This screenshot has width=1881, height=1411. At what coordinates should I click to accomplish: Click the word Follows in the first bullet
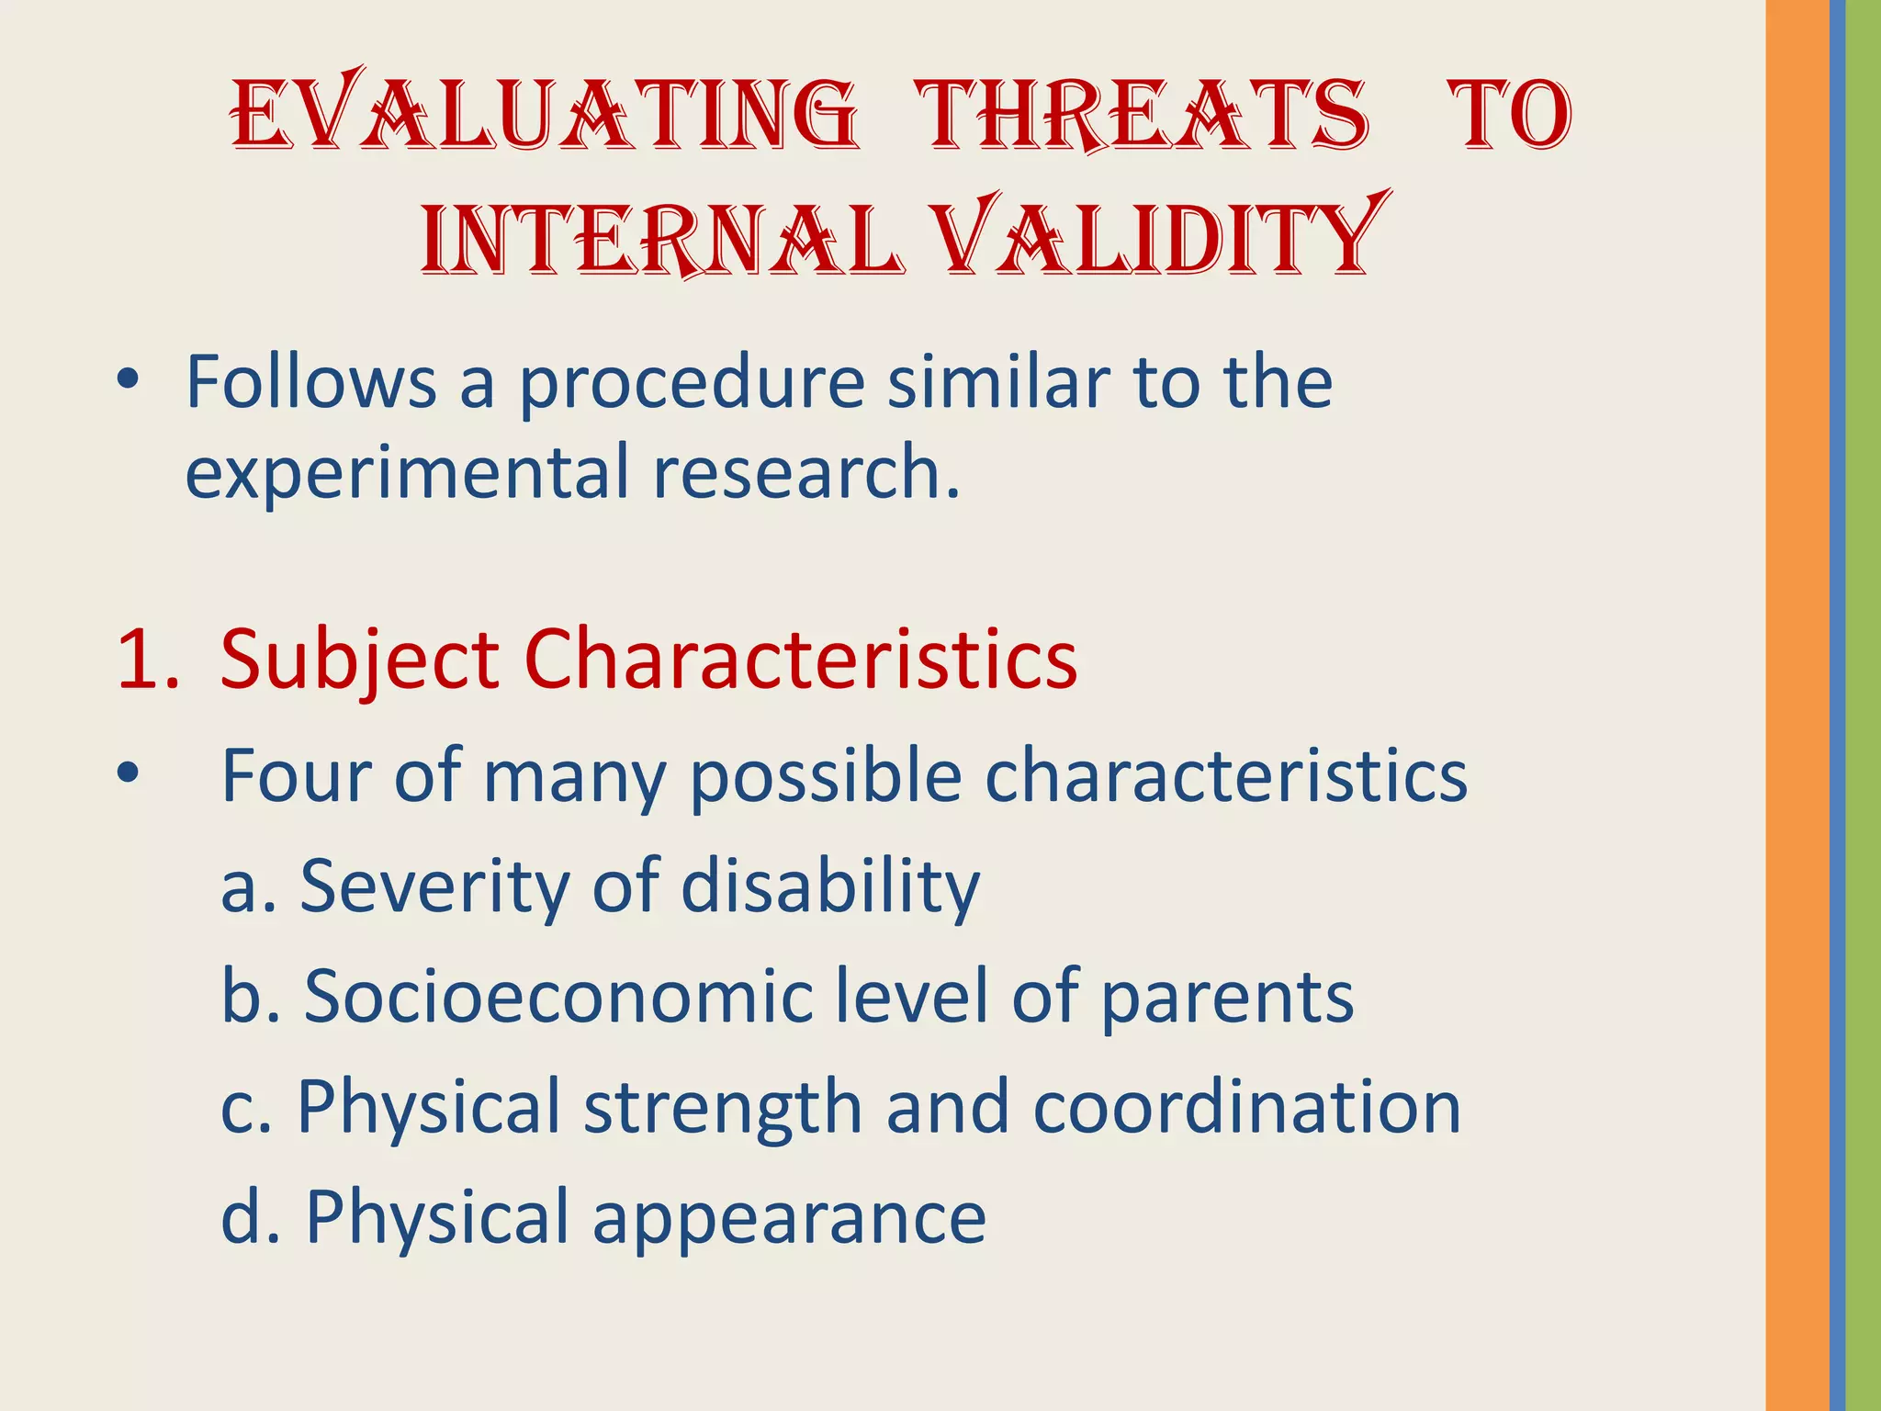point(310,382)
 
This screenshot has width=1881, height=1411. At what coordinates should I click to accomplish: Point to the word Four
point(296,777)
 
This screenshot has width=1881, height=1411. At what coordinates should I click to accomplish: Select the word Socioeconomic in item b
point(558,998)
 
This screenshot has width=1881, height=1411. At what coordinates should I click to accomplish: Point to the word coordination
point(1246,1108)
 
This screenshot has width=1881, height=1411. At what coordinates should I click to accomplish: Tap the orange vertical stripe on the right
point(1797,705)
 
